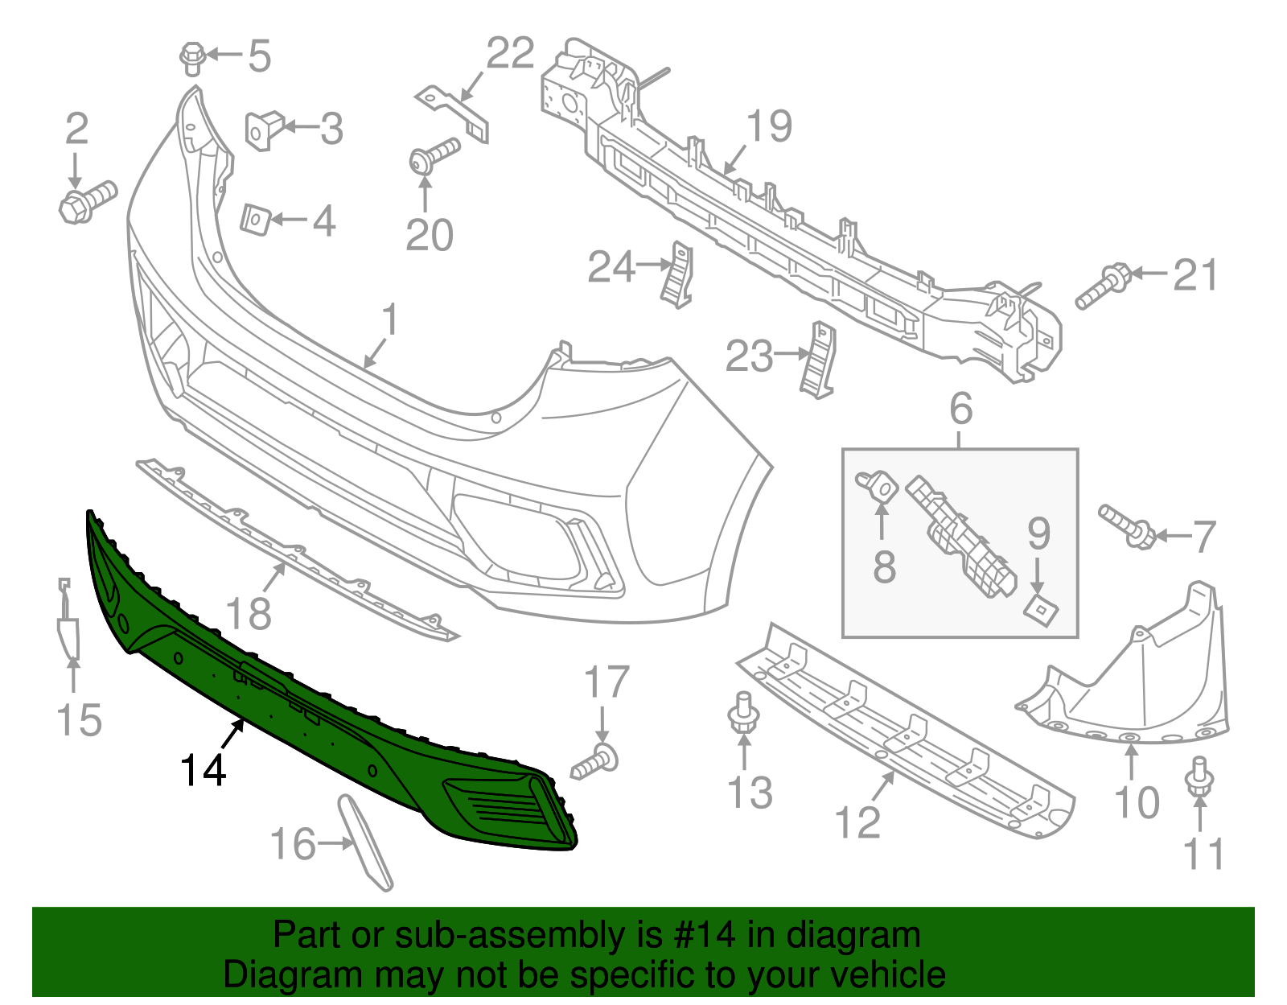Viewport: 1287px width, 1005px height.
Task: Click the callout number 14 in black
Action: click(204, 770)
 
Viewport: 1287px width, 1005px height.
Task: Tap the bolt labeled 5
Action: click(191, 58)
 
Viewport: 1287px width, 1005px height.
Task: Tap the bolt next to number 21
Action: click(1105, 288)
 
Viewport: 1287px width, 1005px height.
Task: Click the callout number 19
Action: click(769, 126)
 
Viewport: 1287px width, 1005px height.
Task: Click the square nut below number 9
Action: click(1041, 609)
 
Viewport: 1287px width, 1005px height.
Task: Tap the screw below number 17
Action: click(597, 762)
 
